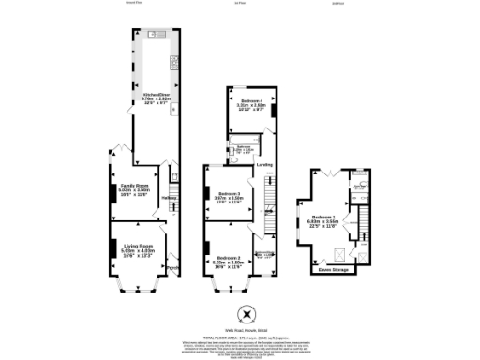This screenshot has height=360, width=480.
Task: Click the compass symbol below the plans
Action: click(247, 314)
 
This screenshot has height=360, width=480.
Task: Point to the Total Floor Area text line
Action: click(247, 336)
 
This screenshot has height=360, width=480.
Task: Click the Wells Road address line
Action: click(247, 330)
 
